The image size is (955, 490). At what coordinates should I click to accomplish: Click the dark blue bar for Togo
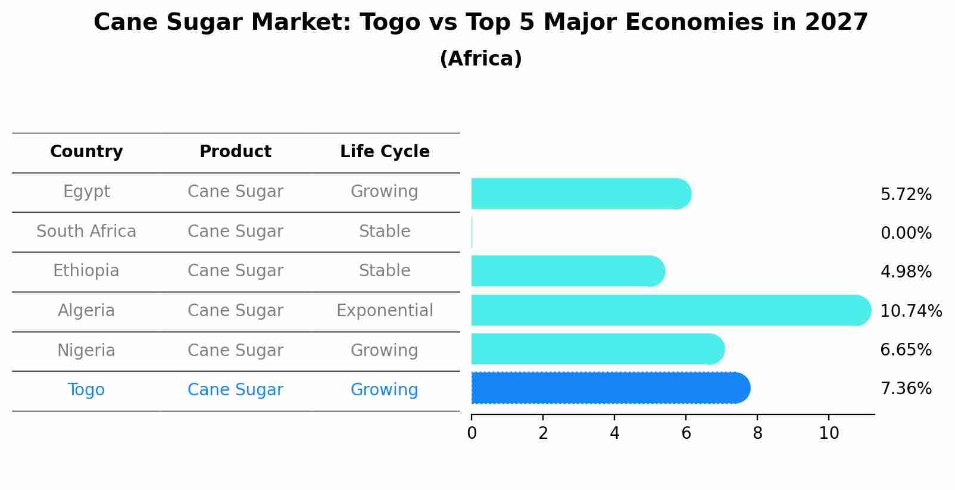click(x=607, y=388)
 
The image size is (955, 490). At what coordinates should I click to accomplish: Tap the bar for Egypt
click(x=578, y=193)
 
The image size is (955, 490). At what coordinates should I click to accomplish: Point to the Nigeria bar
click(x=595, y=349)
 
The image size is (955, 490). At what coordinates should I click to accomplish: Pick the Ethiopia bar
click(x=566, y=271)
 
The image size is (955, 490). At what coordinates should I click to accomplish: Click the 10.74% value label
click(x=910, y=311)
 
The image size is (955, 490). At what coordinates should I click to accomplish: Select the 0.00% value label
click(x=906, y=233)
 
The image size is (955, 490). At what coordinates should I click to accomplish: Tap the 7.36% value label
click(x=906, y=389)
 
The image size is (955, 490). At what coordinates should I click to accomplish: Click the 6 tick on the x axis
click(x=686, y=433)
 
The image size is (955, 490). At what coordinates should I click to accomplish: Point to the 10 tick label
click(x=828, y=433)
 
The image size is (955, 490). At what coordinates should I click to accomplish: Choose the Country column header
click(x=86, y=152)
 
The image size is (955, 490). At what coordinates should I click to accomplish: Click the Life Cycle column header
click(x=385, y=152)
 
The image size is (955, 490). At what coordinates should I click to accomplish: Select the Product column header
click(x=235, y=152)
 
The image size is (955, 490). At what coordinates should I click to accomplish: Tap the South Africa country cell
click(x=86, y=232)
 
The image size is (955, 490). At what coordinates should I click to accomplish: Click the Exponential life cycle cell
click(x=385, y=311)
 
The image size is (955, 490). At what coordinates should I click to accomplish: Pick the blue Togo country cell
click(x=86, y=390)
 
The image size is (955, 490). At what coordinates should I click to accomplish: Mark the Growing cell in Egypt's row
click(x=385, y=192)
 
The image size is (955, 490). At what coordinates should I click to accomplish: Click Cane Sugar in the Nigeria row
click(x=235, y=351)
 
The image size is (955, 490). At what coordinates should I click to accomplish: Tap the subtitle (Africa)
click(x=480, y=59)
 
